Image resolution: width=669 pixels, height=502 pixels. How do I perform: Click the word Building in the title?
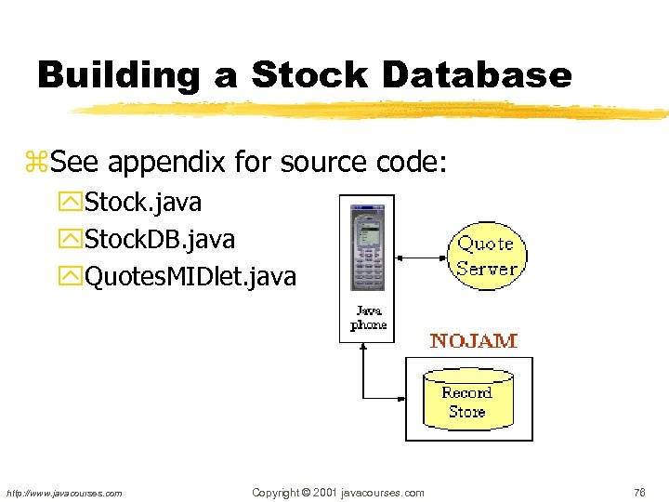point(118,74)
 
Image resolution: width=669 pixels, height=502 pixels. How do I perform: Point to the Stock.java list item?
point(142,202)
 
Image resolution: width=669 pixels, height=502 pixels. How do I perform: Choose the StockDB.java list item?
point(159,239)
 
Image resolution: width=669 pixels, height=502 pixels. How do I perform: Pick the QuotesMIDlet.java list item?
point(190,276)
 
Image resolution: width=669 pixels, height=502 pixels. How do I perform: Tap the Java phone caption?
point(368,317)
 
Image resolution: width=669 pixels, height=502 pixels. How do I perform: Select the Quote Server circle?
point(487,256)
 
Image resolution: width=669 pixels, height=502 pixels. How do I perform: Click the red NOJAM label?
point(473,340)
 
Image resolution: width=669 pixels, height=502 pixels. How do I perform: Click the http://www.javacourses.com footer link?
point(64,493)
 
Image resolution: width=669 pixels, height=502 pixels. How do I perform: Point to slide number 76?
point(639,493)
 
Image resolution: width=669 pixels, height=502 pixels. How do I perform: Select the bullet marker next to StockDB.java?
point(72,240)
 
